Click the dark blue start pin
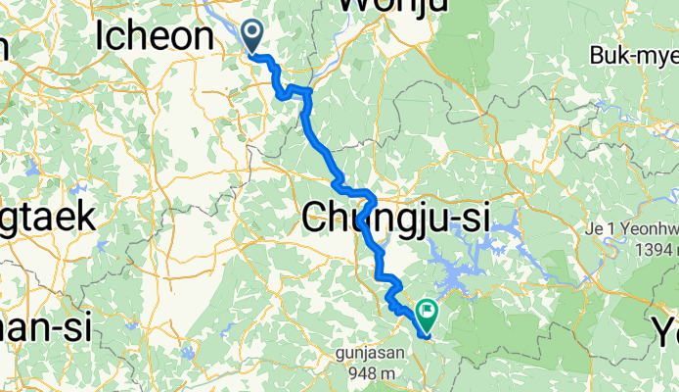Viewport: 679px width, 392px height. pyautogui.click(x=252, y=36)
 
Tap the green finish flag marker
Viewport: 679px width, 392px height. pyautogui.click(x=427, y=314)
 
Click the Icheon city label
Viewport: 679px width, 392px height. pyautogui.click(x=155, y=36)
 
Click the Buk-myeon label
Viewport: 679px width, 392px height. pyautogui.click(x=633, y=58)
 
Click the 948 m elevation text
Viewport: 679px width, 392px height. pyautogui.click(x=366, y=373)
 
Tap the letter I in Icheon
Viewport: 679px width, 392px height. pyautogui.click(x=102, y=36)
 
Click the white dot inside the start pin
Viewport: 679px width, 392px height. pyautogui.click(x=252, y=33)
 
